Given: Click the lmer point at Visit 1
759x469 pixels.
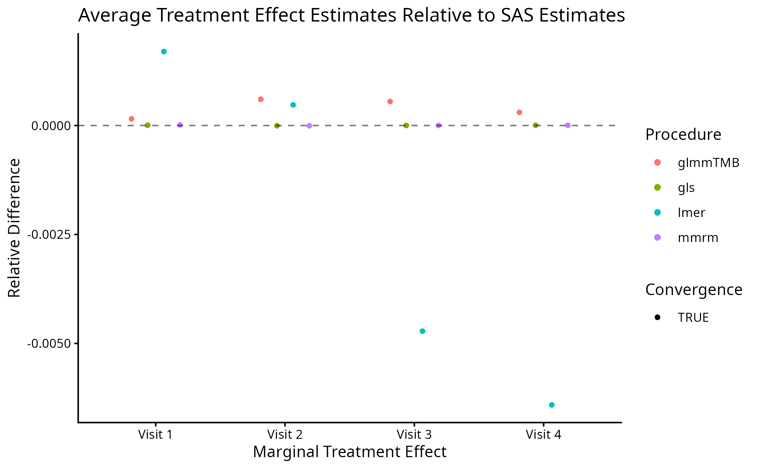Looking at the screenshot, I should point(164,52).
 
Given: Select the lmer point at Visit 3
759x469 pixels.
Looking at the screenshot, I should point(422,331).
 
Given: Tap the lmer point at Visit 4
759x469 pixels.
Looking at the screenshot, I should point(552,405).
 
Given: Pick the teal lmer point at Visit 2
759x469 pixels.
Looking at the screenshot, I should point(293,105).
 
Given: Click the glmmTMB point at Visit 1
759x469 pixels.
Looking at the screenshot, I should point(132,119).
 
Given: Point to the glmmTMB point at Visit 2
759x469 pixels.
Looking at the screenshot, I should point(261,99).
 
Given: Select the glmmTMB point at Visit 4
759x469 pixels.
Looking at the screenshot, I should point(520,112).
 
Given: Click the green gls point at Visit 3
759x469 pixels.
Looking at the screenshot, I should point(406,125).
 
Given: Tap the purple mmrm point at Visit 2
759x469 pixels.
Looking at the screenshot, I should point(309,126).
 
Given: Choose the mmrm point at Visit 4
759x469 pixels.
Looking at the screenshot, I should point(568,125).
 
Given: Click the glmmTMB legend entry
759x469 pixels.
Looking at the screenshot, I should point(708,162).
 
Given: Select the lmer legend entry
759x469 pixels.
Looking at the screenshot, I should point(691,212).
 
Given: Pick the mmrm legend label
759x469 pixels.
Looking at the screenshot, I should point(698,238).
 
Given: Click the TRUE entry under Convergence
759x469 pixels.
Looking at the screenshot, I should point(693,318).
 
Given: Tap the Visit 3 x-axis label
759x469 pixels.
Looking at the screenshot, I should point(414,435).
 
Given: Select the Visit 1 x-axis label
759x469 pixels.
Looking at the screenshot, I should point(155,435).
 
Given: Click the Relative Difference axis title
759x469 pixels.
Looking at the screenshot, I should point(14,228).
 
